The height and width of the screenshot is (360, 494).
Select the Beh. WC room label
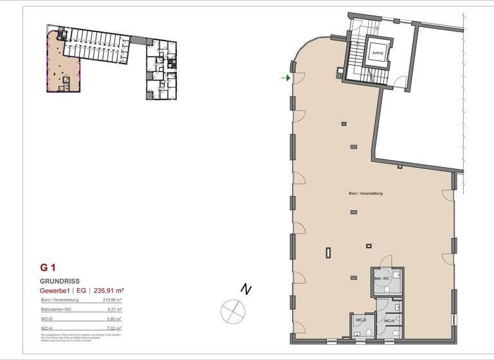click(382, 278)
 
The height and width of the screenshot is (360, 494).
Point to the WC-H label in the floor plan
click(389, 320)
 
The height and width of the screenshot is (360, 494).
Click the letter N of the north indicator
click(245, 290)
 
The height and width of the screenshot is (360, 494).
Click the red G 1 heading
click(48, 267)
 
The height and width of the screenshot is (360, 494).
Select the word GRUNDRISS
click(59, 281)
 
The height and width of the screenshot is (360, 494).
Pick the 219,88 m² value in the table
click(112, 300)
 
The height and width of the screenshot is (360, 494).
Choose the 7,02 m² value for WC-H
click(114, 328)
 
